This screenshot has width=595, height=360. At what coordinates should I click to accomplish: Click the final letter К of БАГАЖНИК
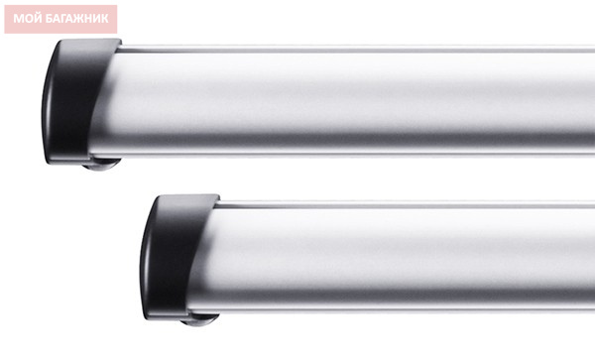tap(105, 19)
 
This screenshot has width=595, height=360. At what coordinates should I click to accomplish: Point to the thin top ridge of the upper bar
tap(357, 49)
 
